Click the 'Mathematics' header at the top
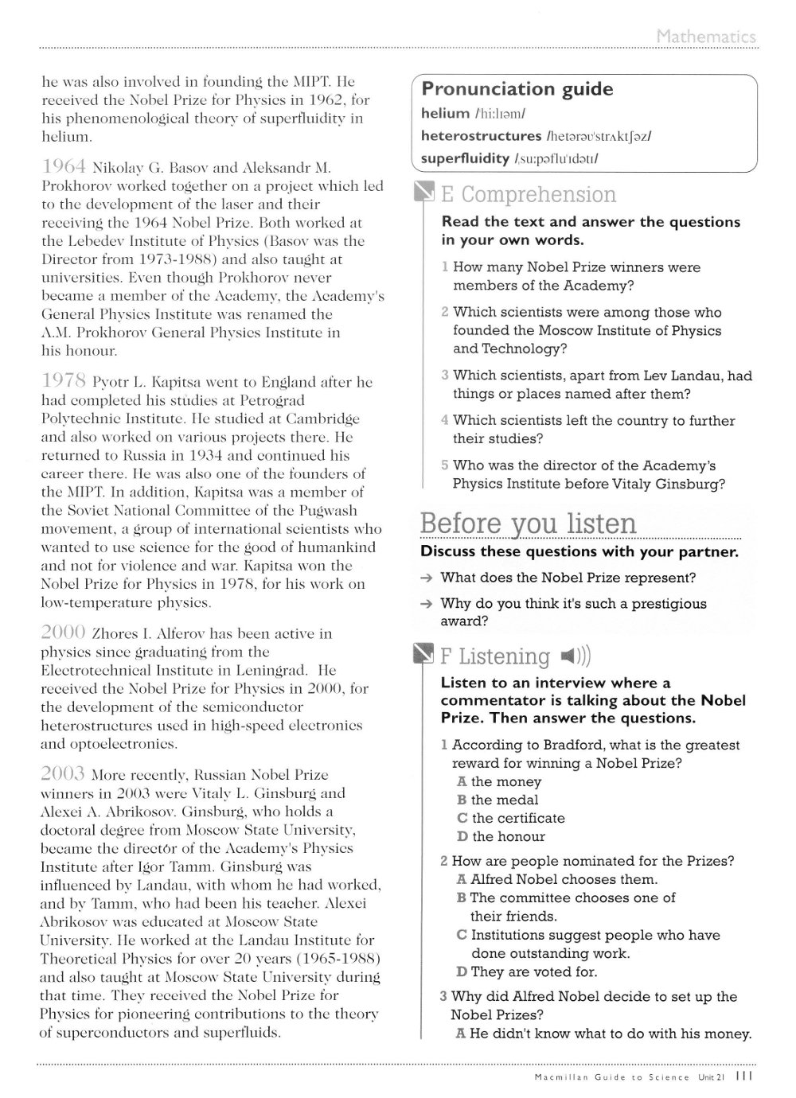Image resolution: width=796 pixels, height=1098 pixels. pos(706,37)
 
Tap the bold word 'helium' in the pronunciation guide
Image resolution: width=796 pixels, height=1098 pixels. pos(445,114)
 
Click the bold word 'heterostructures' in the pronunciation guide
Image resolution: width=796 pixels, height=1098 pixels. pos(481,136)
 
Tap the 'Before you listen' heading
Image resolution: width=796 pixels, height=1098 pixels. pos(528,524)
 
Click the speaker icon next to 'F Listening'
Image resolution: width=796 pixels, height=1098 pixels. pos(574,656)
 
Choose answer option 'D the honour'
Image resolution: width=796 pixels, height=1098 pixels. pos(501,836)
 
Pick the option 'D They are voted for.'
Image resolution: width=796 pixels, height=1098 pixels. pos(527,971)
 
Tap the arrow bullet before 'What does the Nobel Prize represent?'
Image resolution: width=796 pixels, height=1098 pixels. pos(427,578)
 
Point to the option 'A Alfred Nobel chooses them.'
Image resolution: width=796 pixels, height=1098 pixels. pos(557,879)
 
